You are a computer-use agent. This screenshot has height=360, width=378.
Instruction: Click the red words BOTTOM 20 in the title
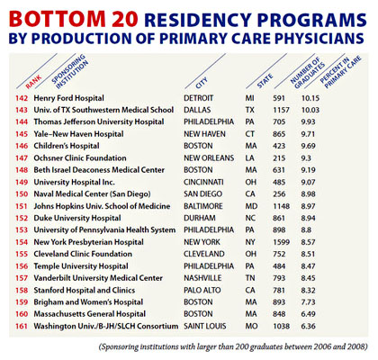click(x=73, y=19)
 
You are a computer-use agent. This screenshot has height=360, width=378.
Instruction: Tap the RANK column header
click(x=33, y=82)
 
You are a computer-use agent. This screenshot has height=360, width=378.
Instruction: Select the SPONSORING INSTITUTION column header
click(x=70, y=71)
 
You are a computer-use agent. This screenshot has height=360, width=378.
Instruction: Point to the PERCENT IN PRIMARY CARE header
click(x=340, y=72)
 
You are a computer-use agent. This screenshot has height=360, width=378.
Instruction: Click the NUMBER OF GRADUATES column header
click(x=308, y=73)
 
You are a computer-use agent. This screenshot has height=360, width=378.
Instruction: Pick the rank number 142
click(x=22, y=98)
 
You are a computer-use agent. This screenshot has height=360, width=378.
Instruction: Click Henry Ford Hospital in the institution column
click(x=68, y=98)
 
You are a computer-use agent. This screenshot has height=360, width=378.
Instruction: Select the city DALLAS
click(x=197, y=110)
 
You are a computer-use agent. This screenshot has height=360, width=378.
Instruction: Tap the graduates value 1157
click(x=281, y=110)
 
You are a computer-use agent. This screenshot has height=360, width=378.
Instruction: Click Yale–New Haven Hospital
click(x=78, y=134)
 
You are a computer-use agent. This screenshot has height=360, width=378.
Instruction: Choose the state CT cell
click(x=249, y=134)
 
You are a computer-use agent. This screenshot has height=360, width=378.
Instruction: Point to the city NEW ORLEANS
click(x=209, y=157)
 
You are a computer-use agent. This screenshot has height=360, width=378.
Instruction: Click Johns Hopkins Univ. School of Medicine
click(x=102, y=206)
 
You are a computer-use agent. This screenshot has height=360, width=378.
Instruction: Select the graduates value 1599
click(x=282, y=242)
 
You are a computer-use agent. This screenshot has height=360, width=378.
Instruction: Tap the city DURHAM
click(x=200, y=218)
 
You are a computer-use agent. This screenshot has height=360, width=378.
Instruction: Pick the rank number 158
click(x=22, y=291)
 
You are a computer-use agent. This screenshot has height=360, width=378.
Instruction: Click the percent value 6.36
click(x=309, y=326)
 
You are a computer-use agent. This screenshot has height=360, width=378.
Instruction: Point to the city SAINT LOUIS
click(x=205, y=326)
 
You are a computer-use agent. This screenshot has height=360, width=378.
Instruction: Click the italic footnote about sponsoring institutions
click(x=233, y=347)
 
